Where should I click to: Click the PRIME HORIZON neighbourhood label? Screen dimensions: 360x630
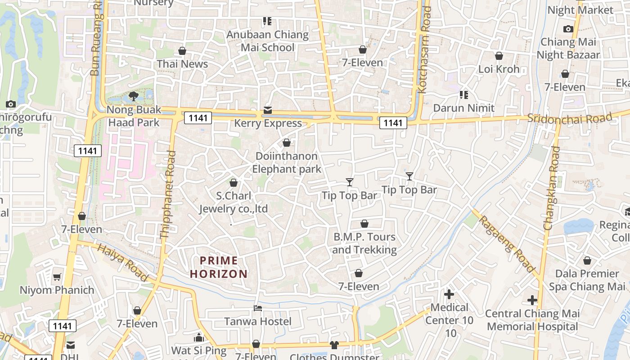(x=219, y=267)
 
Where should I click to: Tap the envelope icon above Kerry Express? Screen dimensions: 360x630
(x=268, y=110)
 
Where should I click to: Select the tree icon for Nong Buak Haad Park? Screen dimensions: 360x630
(x=133, y=96)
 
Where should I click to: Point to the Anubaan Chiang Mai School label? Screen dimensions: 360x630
(x=268, y=41)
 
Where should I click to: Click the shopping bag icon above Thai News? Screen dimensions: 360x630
(x=182, y=51)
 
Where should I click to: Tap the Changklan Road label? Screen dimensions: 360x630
(x=552, y=188)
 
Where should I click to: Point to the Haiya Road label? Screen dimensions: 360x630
(x=122, y=263)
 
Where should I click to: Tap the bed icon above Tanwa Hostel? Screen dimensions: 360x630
(x=258, y=308)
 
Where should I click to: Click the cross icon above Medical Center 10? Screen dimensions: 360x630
(x=449, y=294)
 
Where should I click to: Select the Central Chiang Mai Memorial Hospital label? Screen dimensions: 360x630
(x=532, y=320)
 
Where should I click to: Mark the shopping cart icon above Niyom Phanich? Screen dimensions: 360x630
(x=57, y=277)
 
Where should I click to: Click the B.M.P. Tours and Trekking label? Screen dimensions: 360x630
(x=364, y=243)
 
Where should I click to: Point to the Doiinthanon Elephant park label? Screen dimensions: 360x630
(x=287, y=162)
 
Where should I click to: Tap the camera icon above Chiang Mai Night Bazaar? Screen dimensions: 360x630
(x=568, y=29)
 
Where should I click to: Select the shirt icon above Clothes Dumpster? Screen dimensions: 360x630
(x=334, y=345)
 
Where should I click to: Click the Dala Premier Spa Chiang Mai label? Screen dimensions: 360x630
(x=587, y=280)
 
